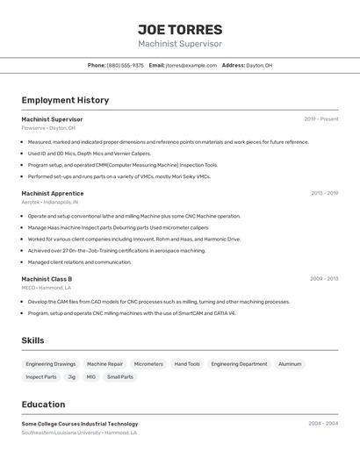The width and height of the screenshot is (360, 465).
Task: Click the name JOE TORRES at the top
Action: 180,29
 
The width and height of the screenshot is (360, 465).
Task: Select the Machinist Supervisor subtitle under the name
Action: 180,44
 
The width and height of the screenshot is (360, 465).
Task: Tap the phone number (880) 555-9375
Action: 126,65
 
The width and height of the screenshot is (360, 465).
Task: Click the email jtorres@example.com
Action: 191,65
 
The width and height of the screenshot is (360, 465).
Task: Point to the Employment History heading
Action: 65,100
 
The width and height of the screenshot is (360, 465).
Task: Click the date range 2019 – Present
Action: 321,119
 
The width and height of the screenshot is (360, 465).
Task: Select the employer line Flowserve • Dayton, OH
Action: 48,128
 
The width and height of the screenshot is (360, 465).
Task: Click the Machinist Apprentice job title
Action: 53,193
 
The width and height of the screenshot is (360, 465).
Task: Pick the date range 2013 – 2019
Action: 324,193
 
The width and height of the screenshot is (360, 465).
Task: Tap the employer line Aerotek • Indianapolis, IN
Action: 50,202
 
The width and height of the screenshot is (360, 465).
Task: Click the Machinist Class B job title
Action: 47,279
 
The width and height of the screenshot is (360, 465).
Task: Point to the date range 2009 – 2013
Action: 324,279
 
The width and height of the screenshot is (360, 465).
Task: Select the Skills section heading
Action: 32,340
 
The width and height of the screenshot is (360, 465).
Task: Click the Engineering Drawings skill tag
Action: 51,364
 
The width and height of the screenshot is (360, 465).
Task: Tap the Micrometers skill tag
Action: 148,364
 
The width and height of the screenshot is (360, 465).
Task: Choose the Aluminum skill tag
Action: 290,364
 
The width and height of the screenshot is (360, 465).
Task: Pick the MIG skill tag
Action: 90,377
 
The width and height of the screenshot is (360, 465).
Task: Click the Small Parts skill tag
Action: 120,377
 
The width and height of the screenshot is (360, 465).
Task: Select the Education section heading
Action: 43,404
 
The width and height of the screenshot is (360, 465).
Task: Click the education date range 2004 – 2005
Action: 323,424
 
